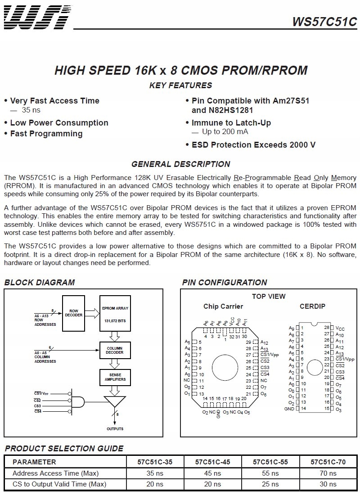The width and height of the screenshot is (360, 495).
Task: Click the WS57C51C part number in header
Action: [x=324, y=22]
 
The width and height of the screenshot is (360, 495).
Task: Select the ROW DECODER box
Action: [x=73, y=313]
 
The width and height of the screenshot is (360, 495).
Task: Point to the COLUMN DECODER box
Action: [x=115, y=350]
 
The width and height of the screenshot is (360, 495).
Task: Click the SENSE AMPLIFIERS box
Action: [x=115, y=377]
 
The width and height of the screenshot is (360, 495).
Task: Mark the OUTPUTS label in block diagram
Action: [x=115, y=429]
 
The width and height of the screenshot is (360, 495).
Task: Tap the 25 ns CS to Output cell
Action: [x=270, y=484]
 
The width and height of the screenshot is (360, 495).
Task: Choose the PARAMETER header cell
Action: [x=35, y=462]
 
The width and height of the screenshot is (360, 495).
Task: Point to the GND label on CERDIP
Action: [x=289, y=409]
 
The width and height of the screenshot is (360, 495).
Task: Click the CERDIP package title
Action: [x=312, y=306]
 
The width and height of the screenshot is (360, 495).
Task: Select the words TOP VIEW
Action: [x=268, y=296]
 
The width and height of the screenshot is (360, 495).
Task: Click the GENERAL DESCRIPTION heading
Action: [x=180, y=164]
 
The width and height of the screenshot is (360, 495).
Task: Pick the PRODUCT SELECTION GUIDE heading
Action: [x=63, y=448]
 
